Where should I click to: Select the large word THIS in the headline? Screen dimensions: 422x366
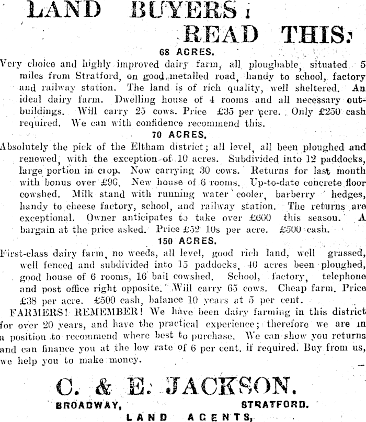coord(314,34)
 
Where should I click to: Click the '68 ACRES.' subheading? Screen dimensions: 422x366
coord(186,52)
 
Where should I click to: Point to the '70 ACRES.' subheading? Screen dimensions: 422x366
coord(186,134)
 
